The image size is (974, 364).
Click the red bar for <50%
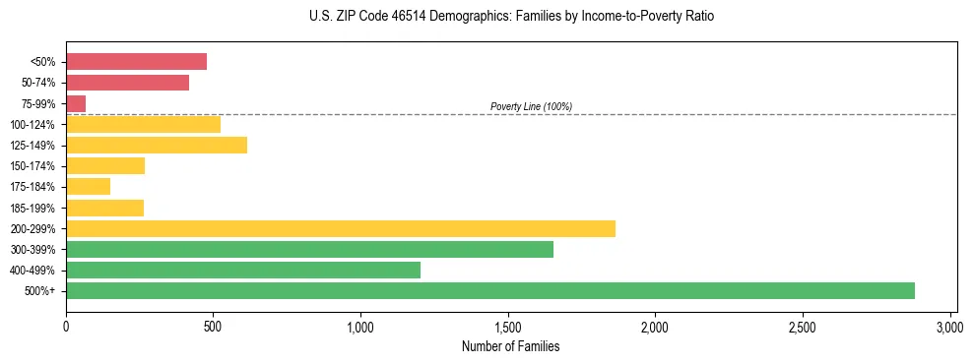136,62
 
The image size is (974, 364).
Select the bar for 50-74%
127,83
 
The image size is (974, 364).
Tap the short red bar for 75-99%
76,103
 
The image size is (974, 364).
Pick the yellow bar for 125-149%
157,146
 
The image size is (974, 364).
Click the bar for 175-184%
89,187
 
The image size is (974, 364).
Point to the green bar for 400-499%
243,271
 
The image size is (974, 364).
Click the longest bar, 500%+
490,291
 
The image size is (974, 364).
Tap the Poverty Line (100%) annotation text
531,106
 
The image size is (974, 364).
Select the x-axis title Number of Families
510,346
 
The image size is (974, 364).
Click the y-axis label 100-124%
32,125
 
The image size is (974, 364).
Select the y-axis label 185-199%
32,209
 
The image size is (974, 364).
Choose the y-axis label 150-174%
32,166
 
